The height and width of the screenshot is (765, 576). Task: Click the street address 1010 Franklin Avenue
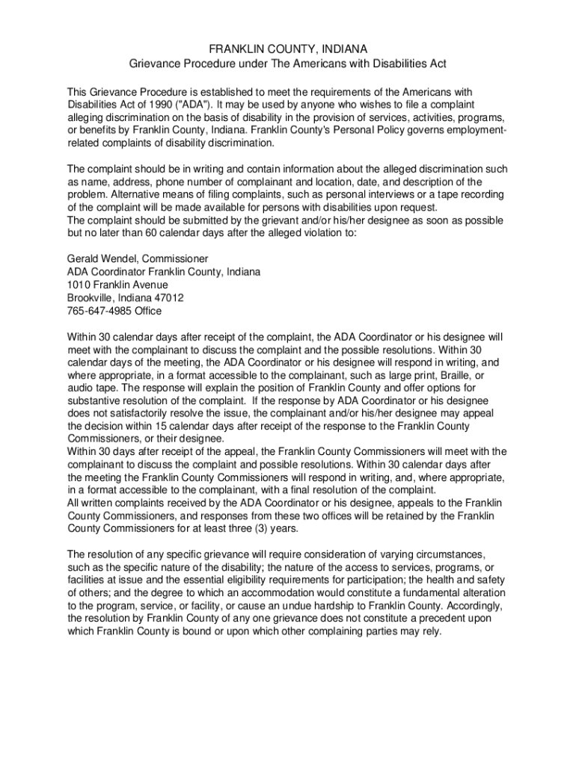point(117,285)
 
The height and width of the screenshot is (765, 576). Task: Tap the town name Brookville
point(93,297)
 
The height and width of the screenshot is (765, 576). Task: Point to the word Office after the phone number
point(145,311)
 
